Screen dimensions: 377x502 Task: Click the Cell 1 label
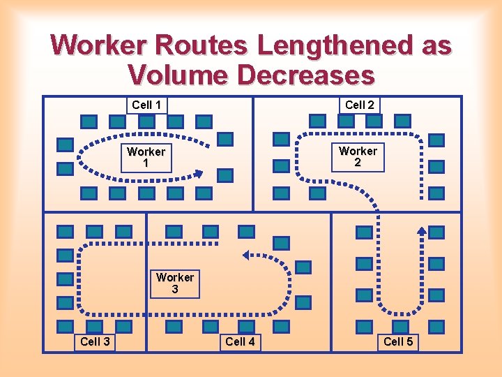[146, 105]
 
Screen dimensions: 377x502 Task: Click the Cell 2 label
[360, 105]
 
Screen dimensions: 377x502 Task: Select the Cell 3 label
[95, 341]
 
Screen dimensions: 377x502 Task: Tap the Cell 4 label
[240, 341]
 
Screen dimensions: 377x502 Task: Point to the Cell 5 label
[398, 341]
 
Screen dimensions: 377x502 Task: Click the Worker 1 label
[146, 157]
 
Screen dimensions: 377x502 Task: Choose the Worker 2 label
[358, 156]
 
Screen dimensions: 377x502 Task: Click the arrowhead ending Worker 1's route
[199, 175]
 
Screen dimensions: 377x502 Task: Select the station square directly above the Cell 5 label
[400, 326]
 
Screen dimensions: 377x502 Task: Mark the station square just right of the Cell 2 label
[403, 121]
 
